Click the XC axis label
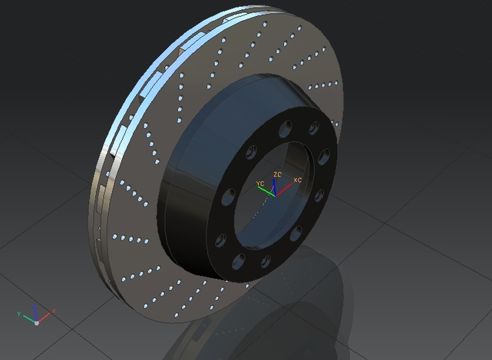298,180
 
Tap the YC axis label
260,183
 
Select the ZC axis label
278,175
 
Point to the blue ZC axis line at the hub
275,185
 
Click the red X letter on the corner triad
54,312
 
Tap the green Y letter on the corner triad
18,314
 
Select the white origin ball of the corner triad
36,322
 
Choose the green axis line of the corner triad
27,318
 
